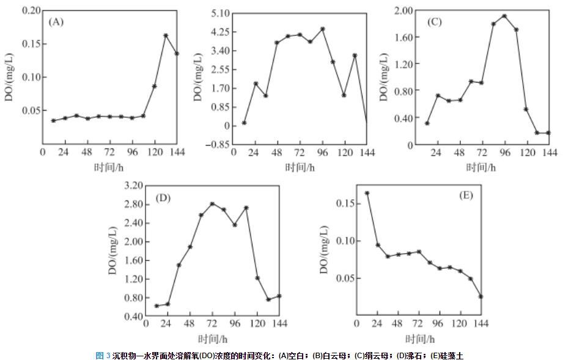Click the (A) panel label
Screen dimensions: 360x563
[56, 22]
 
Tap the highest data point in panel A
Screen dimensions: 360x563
[166, 35]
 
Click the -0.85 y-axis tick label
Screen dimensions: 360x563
[218, 145]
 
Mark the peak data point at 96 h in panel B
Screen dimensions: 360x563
[322, 29]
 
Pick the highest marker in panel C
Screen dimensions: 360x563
[504, 16]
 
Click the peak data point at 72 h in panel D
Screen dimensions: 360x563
[212, 204]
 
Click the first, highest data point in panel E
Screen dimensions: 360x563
[367, 193]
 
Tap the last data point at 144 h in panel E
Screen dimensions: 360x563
[480, 296]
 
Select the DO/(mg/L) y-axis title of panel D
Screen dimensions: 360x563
[114, 251]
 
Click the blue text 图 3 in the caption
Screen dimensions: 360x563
[103, 355]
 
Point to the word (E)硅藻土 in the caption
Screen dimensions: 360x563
[452, 355]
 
